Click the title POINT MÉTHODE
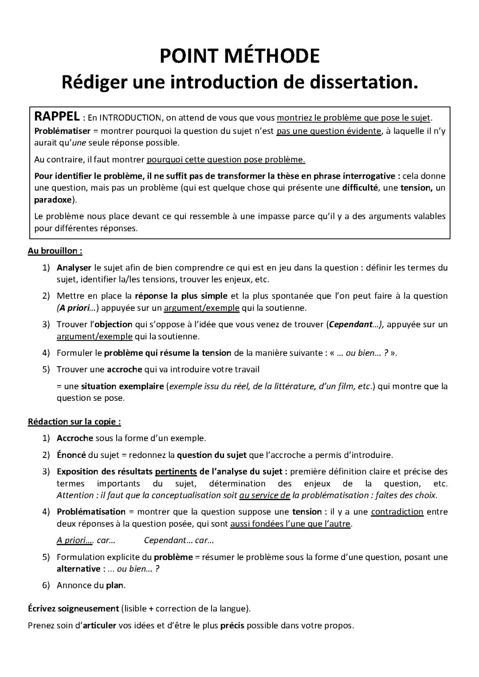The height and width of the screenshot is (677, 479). point(239,56)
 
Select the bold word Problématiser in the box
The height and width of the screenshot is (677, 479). point(62,131)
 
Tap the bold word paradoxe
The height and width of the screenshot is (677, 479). point(53,200)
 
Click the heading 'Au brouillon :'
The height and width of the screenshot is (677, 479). point(55,251)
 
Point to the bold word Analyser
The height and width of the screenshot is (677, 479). point(74,268)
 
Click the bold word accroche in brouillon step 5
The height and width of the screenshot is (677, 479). point(125,369)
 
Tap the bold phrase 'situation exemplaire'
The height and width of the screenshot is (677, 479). point(122,386)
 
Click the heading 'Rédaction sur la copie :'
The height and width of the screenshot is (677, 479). point(75,422)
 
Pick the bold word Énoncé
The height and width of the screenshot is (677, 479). point(71,455)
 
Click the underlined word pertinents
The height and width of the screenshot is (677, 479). point(176,471)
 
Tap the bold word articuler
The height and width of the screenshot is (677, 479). point(99,626)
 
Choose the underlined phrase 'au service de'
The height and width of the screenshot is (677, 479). point(264,495)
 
